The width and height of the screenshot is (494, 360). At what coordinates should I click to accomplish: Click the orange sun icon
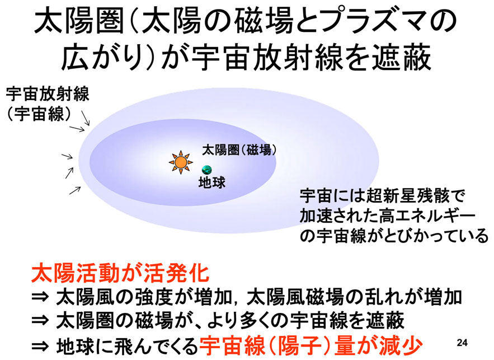pos(181,162)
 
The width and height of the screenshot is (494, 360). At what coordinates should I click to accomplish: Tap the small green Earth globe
pos(206,170)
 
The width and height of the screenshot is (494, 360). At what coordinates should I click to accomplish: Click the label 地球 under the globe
pos(211,183)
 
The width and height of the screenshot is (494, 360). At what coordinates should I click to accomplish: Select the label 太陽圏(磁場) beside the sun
pos(239,150)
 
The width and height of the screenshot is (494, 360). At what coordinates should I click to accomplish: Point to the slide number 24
pos(462,342)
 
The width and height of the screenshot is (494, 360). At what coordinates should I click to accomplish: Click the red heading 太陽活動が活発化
pos(120,273)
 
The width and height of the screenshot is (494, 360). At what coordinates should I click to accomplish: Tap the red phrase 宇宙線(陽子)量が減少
pos(310,346)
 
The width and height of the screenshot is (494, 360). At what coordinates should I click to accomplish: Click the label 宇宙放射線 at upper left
pos(48,93)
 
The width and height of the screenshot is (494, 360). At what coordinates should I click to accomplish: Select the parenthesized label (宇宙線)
pos(39,114)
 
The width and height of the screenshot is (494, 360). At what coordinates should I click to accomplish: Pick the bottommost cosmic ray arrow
pos(75,190)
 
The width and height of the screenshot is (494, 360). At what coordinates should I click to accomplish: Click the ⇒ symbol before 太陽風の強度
pos(40,297)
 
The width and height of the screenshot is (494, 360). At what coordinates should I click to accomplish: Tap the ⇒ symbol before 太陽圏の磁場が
pos(40,321)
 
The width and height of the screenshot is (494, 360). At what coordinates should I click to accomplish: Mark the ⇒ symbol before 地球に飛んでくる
pos(40,347)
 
